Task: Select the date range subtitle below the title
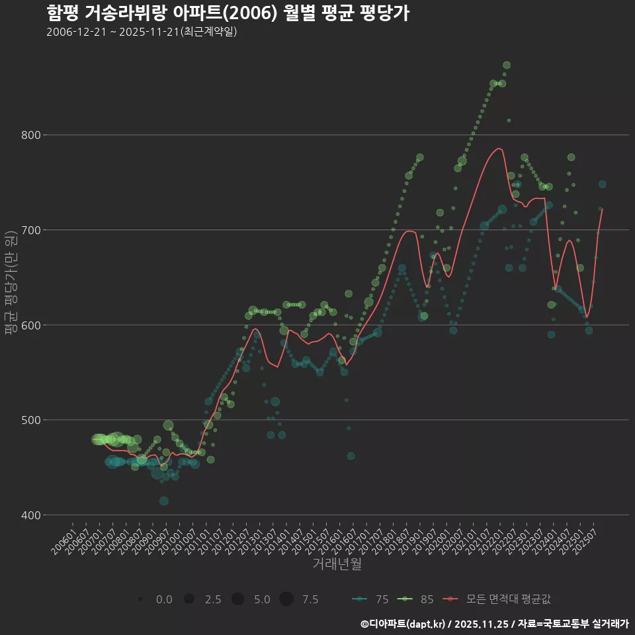[x=142, y=32]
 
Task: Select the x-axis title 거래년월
[x=337, y=564]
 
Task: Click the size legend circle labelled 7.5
[x=286, y=599]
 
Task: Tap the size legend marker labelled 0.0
[x=141, y=599]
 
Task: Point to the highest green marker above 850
[x=507, y=65]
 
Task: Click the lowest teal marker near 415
[x=163, y=501]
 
